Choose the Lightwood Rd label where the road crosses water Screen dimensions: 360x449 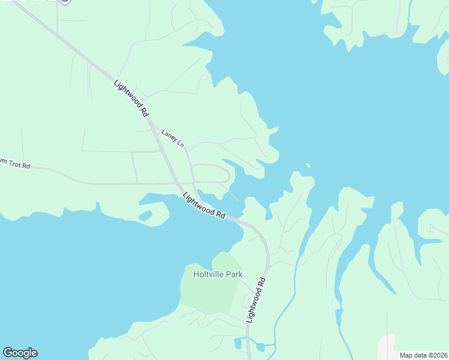coord(204,205)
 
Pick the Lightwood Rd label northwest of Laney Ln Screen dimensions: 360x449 coord(131,97)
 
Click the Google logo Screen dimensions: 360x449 coord(20,353)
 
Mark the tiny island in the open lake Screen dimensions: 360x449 coord(308,165)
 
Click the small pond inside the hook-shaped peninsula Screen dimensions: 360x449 coord(145,215)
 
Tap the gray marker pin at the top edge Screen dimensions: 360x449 coord(64,2)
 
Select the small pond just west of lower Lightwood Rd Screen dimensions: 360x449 coord(237,344)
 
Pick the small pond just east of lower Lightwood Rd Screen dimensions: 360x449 coord(259,347)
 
